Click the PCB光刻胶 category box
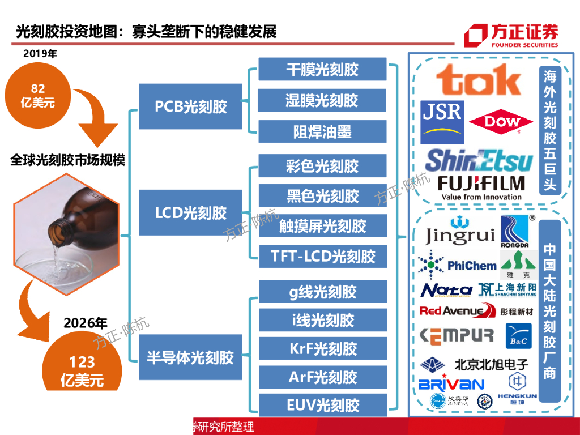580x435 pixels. [x=190, y=106]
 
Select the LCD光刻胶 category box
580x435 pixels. [x=190, y=213]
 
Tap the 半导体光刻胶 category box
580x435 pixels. [x=190, y=357]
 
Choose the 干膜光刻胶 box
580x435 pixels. [x=322, y=70]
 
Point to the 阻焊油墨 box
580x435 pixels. [x=322, y=131]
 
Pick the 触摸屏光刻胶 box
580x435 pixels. [x=322, y=226]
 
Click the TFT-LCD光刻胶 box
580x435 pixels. [x=322, y=257]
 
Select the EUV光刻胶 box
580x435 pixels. [x=322, y=406]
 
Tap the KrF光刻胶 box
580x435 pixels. [x=322, y=348]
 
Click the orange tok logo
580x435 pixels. [x=478, y=79]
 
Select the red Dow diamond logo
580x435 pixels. [x=502, y=122]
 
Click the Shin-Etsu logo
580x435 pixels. [x=479, y=160]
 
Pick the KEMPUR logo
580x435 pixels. [x=457, y=335]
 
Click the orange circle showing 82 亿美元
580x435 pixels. [x=38, y=95]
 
